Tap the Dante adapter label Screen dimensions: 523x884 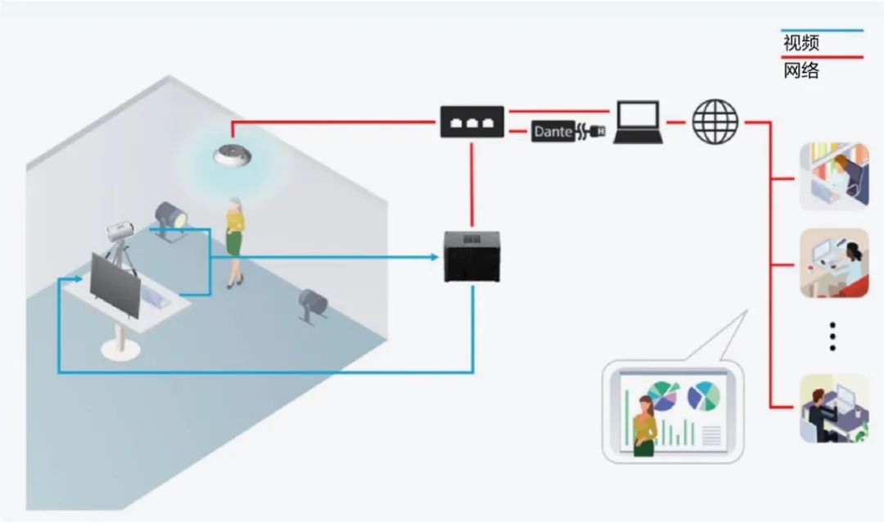click(x=553, y=131)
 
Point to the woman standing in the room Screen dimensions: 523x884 click(x=235, y=241)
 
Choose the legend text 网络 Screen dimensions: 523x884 click(x=801, y=70)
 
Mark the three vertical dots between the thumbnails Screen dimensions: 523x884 click(x=832, y=336)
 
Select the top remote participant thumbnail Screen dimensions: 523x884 click(x=833, y=175)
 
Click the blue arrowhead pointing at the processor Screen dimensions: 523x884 click(x=435, y=257)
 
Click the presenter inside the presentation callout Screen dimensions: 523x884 click(x=643, y=424)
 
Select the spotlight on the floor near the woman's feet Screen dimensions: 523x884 click(x=313, y=305)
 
